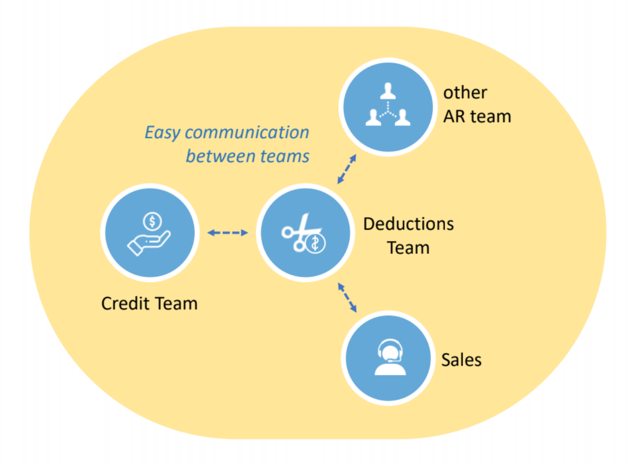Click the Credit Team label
149,303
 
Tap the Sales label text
461,359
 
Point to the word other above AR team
465,93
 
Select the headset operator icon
389,357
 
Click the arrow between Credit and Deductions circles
227,232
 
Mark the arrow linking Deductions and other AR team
347,169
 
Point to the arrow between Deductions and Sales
347,297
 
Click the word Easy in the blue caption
162,133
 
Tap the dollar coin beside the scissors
315,244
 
